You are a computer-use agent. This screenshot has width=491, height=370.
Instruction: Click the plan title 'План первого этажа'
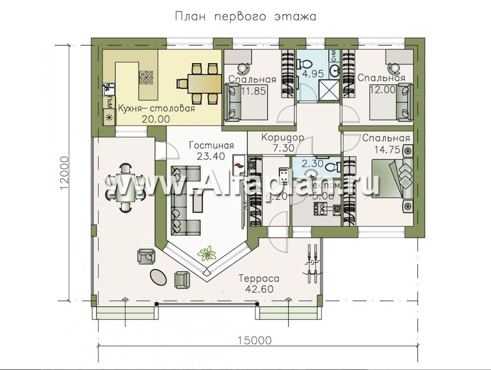[245, 16]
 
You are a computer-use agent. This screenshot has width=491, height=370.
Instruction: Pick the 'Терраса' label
[259, 278]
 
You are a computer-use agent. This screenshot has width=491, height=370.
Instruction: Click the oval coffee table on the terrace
[158, 276]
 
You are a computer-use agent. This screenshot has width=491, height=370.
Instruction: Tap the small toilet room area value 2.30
[309, 163]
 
